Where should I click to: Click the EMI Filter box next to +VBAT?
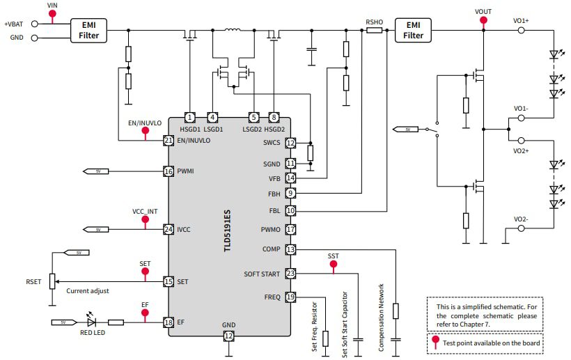click(89, 30)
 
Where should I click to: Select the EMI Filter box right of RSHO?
click(413, 30)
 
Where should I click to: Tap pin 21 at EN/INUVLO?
click(168, 141)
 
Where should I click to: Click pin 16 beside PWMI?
click(168, 171)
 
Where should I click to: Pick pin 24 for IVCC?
click(168, 229)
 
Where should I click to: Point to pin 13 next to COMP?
click(290, 249)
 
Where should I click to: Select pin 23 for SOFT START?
click(290, 274)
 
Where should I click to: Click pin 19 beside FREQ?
click(290, 297)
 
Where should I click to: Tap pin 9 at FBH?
click(290, 192)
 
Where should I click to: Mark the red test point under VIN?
click(52, 15)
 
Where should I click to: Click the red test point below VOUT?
click(483, 21)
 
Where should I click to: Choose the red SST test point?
click(334, 266)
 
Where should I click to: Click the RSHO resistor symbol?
click(374, 31)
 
